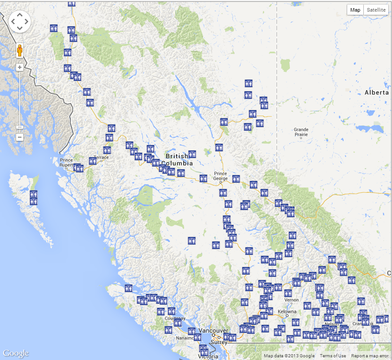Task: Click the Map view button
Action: pos(355,10)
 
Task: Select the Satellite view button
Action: pos(375,10)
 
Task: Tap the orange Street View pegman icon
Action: pos(20,50)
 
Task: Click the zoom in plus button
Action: pos(20,67)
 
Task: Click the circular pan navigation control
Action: pos(20,21)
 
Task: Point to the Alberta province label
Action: pos(376,92)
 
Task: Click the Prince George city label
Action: pos(220,176)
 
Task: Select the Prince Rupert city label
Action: pos(66,162)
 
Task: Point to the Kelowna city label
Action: pos(287,312)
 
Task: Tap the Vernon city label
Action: pos(291,300)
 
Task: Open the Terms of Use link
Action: pos(332,356)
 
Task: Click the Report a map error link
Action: pos(370,356)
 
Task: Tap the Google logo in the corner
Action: pos(15,353)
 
